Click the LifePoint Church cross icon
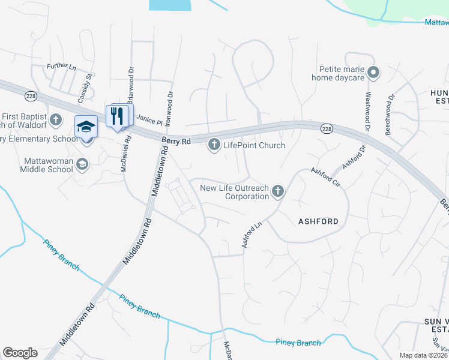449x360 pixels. click(214, 145)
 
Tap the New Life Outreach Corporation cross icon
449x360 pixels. click(277, 191)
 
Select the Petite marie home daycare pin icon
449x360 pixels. click(373, 73)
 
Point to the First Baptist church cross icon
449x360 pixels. click(56, 119)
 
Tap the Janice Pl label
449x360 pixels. click(149, 121)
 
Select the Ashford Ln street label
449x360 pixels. click(252, 235)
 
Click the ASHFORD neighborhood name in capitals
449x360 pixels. click(318, 221)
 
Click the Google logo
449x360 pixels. click(20, 353)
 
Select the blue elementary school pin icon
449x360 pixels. click(85, 128)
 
